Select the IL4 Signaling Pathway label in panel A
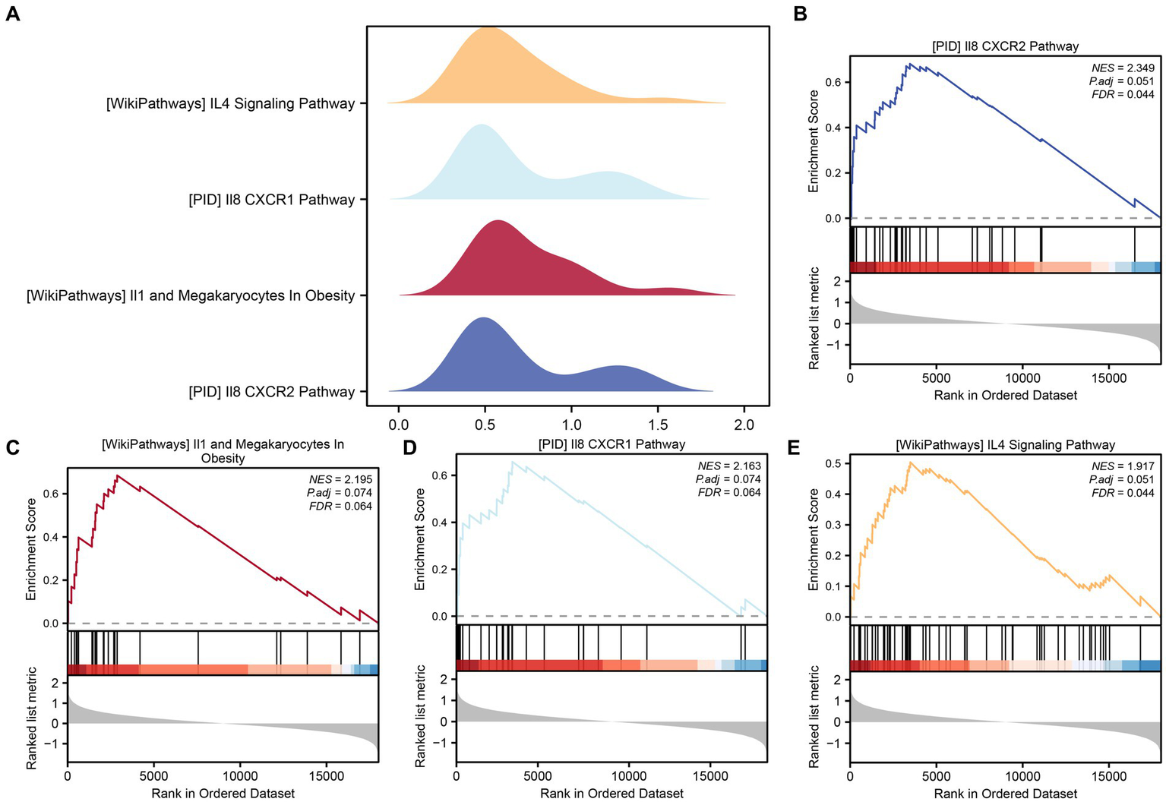coord(230,103)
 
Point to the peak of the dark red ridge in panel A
coord(498,221)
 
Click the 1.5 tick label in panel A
coord(658,425)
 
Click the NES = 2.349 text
coord(1123,68)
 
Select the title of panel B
coord(1005,46)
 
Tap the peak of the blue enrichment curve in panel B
coord(908,65)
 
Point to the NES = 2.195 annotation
coord(340,479)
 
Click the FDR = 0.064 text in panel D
coord(729,492)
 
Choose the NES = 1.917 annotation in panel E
coord(1123,466)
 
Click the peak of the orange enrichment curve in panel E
coord(909,462)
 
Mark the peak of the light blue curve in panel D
coord(513,462)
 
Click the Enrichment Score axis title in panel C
coord(31,549)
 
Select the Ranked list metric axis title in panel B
coord(814,317)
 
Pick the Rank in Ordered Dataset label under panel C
coord(223,793)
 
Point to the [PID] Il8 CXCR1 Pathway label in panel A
coord(271,200)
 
